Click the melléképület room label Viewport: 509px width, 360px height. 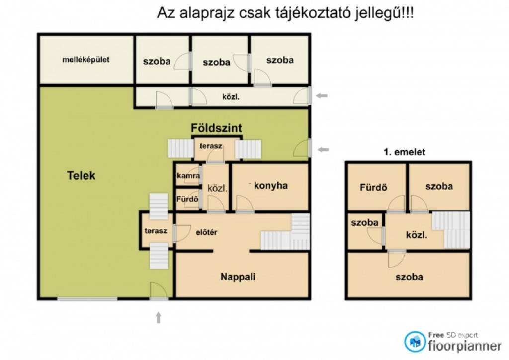85,60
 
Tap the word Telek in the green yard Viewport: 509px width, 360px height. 81,176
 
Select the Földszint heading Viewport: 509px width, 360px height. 216,128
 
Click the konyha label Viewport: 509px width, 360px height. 271,186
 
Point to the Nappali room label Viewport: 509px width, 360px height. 238,277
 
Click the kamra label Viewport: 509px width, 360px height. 188,176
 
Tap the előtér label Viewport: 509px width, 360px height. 206,232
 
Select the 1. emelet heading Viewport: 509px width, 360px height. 405,152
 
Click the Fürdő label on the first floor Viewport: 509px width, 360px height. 373,187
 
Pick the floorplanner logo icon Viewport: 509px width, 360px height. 415,342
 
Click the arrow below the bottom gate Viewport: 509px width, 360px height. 159,317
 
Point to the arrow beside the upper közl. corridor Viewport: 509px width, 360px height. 322,96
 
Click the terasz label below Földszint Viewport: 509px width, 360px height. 211,146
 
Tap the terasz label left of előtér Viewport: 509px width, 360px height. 156,231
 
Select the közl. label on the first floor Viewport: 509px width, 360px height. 417,235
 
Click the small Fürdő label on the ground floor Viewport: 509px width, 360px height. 187,199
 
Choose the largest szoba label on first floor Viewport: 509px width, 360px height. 409,277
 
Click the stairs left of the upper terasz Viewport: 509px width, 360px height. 181,148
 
